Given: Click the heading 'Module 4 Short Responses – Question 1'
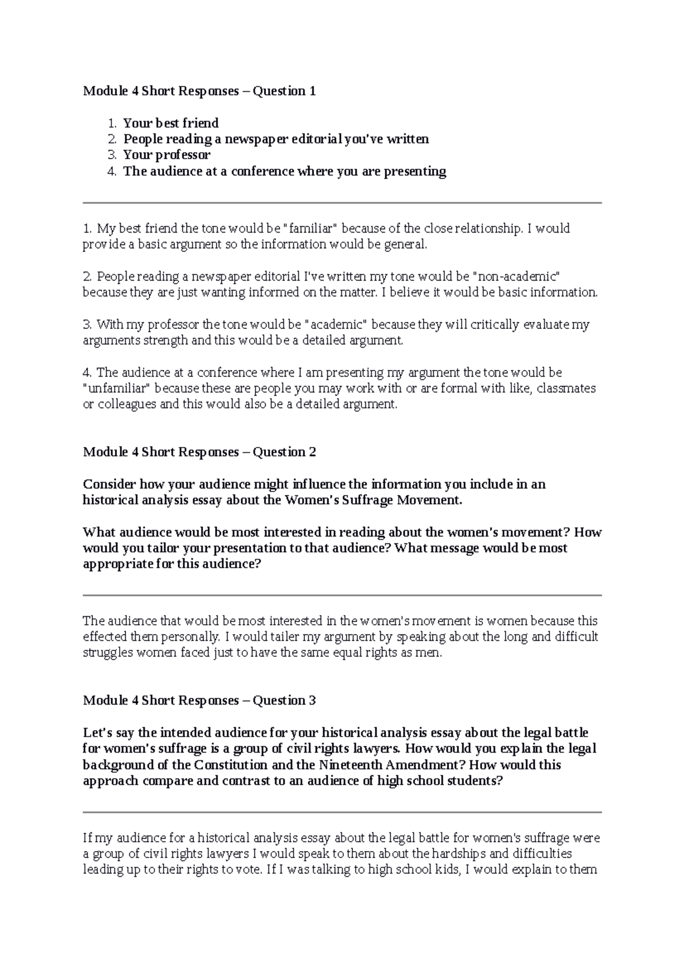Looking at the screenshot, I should (x=199, y=91).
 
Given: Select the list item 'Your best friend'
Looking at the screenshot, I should (x=171, y=123).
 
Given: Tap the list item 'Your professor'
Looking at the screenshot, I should (x=167, y=155).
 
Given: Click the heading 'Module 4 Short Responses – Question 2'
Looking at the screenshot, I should (x=199, y=452).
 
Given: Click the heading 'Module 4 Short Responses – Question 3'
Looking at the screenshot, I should (x=199, y=701).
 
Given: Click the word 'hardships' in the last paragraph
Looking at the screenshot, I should (x=459, y=854).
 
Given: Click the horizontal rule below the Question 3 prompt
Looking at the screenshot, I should (x=342, y=812).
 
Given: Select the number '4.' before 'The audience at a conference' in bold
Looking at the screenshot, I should (x=112, y=172).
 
